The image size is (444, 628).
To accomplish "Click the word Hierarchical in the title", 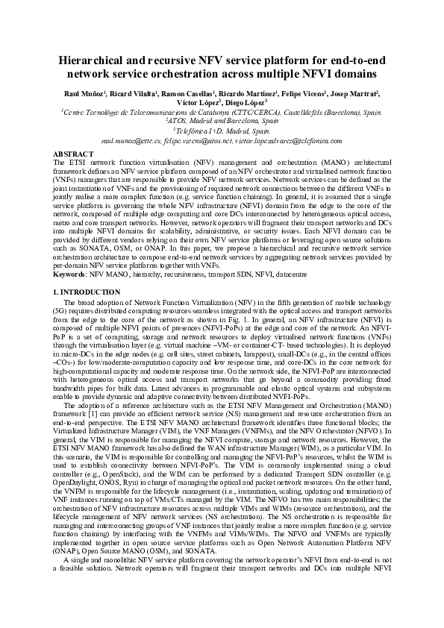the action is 96,62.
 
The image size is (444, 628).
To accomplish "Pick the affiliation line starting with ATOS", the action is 222,120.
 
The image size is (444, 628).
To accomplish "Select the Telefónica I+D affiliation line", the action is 222,130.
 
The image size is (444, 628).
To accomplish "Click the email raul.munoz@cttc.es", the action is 132,139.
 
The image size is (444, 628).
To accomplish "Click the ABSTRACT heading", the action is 73,152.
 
